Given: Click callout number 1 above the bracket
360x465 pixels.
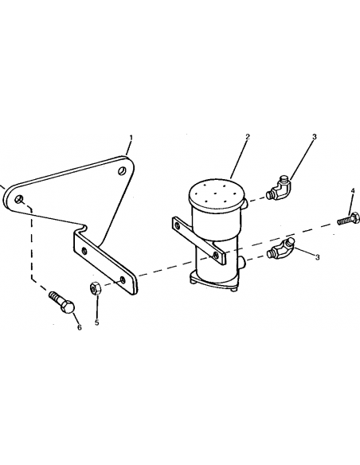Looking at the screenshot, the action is point(131,138).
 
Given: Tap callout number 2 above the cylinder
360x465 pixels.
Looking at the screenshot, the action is point(248,137).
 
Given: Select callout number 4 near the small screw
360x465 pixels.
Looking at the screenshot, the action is point(353,190).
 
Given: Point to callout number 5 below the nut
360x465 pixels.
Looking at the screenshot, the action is point(97,322).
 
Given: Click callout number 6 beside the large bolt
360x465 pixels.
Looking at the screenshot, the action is point(79,328).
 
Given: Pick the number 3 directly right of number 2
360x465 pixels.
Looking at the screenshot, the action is point(315,137).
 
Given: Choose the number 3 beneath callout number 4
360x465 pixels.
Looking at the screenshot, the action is point(317,257).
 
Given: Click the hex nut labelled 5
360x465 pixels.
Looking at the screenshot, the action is point(96,288).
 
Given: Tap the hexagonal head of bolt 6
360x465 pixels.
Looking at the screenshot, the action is point(68,307).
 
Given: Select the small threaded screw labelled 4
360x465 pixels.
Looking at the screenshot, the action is point(348,219).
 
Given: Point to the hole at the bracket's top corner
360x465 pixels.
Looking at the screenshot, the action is point(122,171).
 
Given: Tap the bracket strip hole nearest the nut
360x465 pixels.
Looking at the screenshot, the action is point(123,279).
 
